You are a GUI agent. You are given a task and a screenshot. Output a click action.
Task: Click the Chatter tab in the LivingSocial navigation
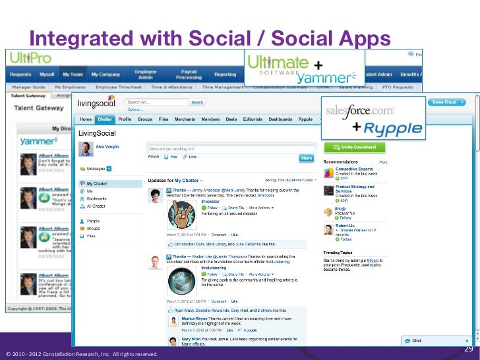pyautogui.click(x=105, y=119)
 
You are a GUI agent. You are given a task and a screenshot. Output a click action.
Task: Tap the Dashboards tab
pyautogui.click(x=280, y=119)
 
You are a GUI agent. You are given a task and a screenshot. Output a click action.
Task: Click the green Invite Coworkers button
pyautogui.click(x=358, y=148)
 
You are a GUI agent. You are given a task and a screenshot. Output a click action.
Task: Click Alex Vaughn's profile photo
pyautogui.click(x=86, y=149)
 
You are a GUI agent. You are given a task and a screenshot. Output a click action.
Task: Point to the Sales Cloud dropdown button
pyautogui.click(x=448, y=102)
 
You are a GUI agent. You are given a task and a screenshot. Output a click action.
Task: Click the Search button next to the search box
pyautogui.click(x=197, y=102)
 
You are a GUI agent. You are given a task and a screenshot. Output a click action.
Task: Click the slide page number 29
pyautogui.click(x=470, y=349)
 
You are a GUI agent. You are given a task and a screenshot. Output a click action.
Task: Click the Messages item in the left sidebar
pyautogui.click(x=98, y=168)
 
